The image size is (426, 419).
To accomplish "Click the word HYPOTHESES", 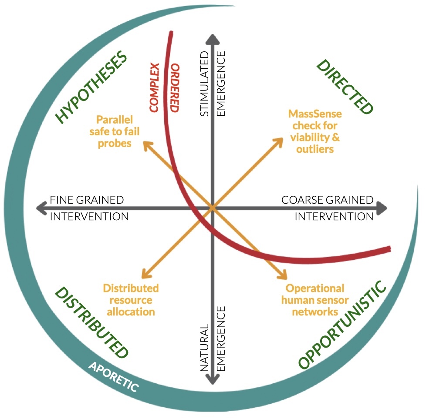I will click(92, 87).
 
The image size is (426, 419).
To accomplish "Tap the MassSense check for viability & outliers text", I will click(315, 131).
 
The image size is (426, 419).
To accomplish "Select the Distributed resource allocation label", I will click(131, 300).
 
